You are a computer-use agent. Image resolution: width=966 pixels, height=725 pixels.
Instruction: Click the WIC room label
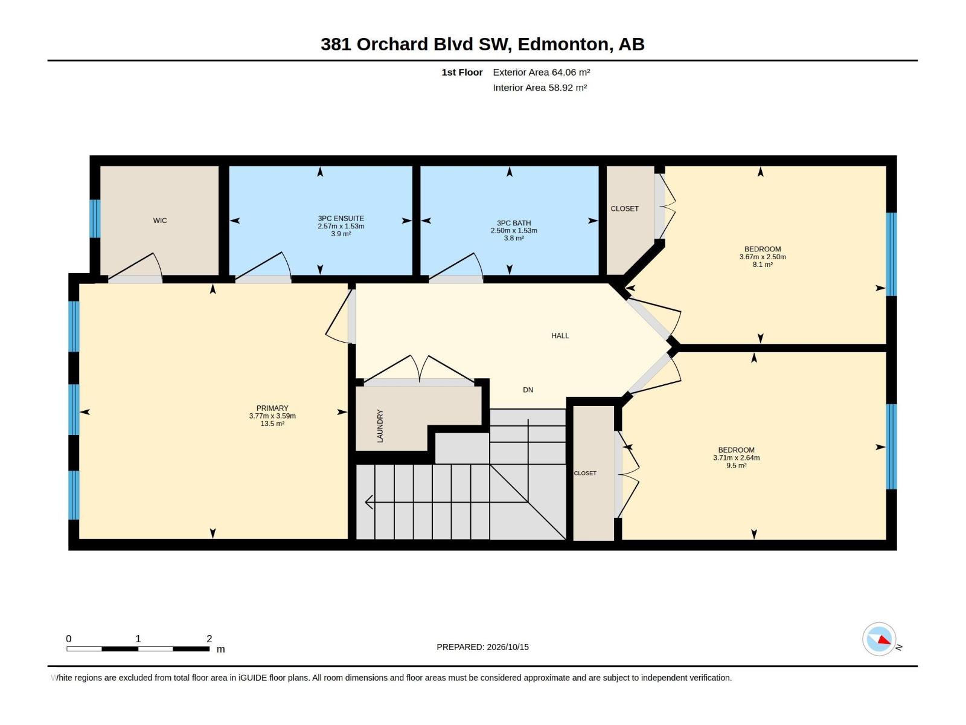click(x=160, y=221)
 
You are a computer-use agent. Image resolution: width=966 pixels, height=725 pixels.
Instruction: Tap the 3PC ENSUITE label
click(x=341, y=218)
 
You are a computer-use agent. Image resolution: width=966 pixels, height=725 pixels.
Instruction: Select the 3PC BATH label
click(x=514, y=223)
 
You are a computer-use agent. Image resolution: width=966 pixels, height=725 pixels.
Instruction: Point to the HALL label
click(x=560, y=336)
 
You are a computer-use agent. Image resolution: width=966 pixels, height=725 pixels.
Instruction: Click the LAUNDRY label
click(x=380, y=426)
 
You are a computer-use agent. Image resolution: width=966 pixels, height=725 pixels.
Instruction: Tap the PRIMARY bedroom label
click(x=272, y=408)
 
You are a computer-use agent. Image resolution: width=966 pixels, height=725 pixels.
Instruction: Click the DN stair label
click(x=528, y=390)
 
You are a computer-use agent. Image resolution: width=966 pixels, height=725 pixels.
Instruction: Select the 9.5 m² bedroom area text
click(x=736, y=465)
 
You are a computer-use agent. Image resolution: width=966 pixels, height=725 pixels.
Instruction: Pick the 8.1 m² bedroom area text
click(x=763, y=265)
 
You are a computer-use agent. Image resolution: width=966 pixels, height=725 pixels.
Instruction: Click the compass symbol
click(x=879, y=639)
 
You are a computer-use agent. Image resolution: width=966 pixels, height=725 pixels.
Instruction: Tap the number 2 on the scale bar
click(x=210, y=639)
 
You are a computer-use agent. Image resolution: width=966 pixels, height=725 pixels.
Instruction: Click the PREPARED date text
click(x=483, y=647)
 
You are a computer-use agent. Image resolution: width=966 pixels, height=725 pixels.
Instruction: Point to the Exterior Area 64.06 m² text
click(x=542, y=72)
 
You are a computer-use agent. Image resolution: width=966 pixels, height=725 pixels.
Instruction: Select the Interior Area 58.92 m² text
click(x=540, y=88)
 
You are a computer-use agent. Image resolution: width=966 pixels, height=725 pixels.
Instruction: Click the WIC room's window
click(x=95, y=219)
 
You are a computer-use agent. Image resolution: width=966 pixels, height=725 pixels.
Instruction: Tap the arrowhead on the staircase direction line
click(x=369, y=502)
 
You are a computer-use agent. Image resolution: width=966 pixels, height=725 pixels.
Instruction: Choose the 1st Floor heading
click(x=462, y=72)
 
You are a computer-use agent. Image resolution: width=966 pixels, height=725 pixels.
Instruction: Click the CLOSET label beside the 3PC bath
click(x=624, y=208)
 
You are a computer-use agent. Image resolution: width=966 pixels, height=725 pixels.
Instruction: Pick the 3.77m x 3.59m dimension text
click(x=272, y=416)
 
